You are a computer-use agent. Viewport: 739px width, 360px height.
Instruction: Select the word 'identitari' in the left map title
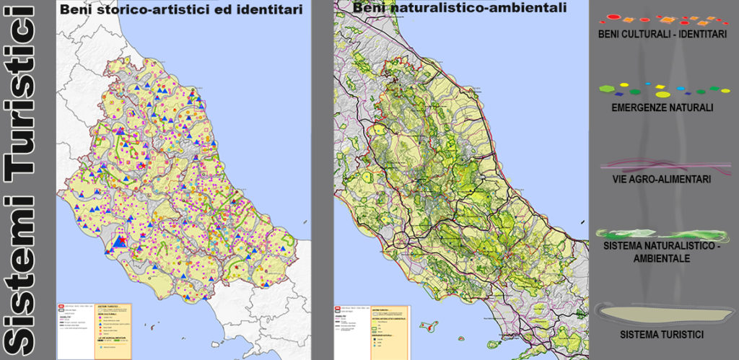tap(270, 9)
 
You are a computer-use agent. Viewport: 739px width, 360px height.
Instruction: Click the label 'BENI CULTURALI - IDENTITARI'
tap(662, 35)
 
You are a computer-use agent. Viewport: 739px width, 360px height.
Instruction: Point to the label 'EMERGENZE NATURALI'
tap(662, 107)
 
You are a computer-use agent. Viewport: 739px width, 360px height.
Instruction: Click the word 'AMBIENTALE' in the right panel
tap(662, 258)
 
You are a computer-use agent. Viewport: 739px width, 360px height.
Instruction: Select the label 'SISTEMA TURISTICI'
tap(662, 335)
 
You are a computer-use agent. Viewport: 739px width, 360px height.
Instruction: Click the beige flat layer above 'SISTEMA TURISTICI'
tap(662, 311)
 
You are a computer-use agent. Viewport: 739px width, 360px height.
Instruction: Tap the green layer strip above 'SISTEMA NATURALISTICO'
tap(662, 234)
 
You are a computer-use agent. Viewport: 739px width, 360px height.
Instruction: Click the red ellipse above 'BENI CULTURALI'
tap(613, 17)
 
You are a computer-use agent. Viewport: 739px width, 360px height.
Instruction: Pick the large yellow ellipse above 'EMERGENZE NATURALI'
tap(662, 94)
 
